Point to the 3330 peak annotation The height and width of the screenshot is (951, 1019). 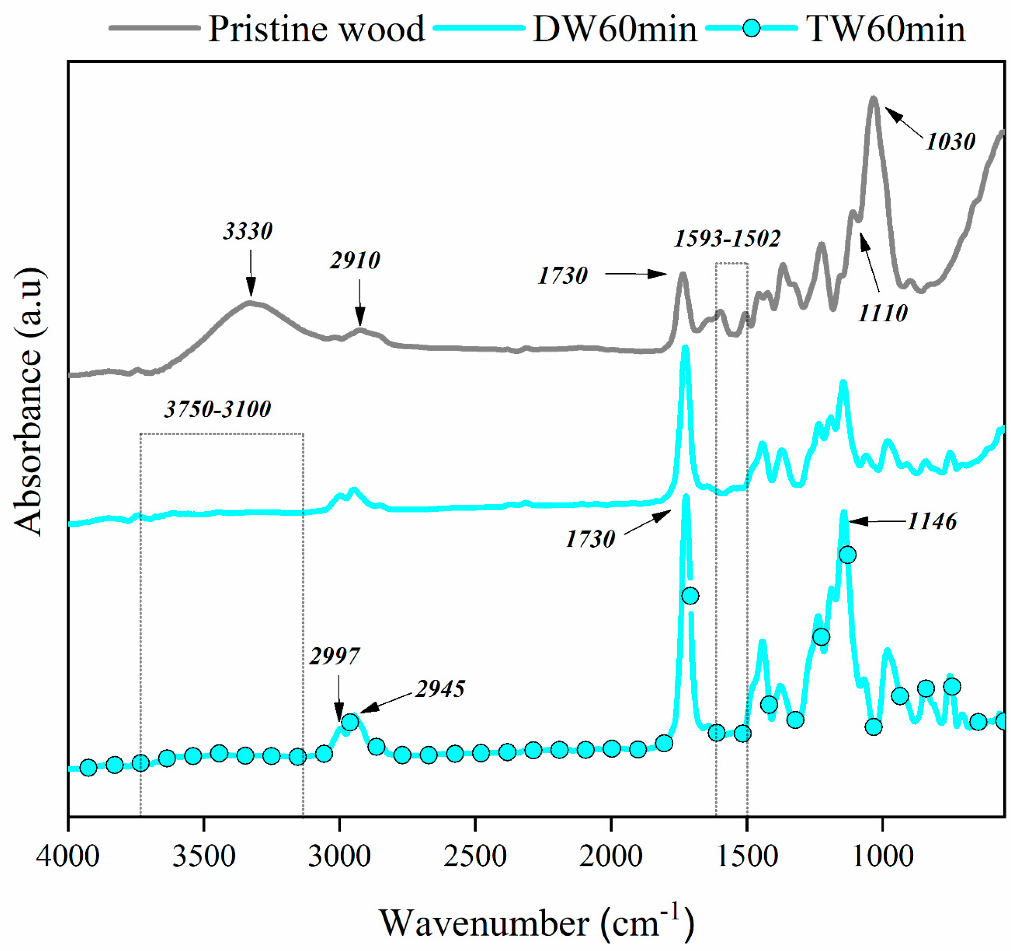pyautogui.click(x=248, y=231)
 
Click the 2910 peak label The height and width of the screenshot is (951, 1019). pyautogui.click(x=355, y=260)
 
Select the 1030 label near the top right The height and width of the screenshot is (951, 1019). pyautogui.click(x=950, y=142)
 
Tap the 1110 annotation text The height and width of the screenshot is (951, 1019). pyautogui.click(x=883, y=313)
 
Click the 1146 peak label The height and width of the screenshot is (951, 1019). pyautogui.click(x=931, y=522)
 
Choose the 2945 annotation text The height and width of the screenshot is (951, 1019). pyautogui.click(x=440, y=689)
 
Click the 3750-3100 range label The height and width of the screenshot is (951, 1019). pyautogui.click(x=218, y=409)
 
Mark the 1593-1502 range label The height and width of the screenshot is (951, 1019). pyautogui.click(x=727, y=239)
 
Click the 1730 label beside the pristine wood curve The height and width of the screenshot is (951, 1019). pyautogui.click(x=562, y=276)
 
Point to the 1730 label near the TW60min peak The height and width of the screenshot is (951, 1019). pyautogui.click(x=590, y=539)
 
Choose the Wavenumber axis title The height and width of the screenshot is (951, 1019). pyautogui.click(x=536, y=921)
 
